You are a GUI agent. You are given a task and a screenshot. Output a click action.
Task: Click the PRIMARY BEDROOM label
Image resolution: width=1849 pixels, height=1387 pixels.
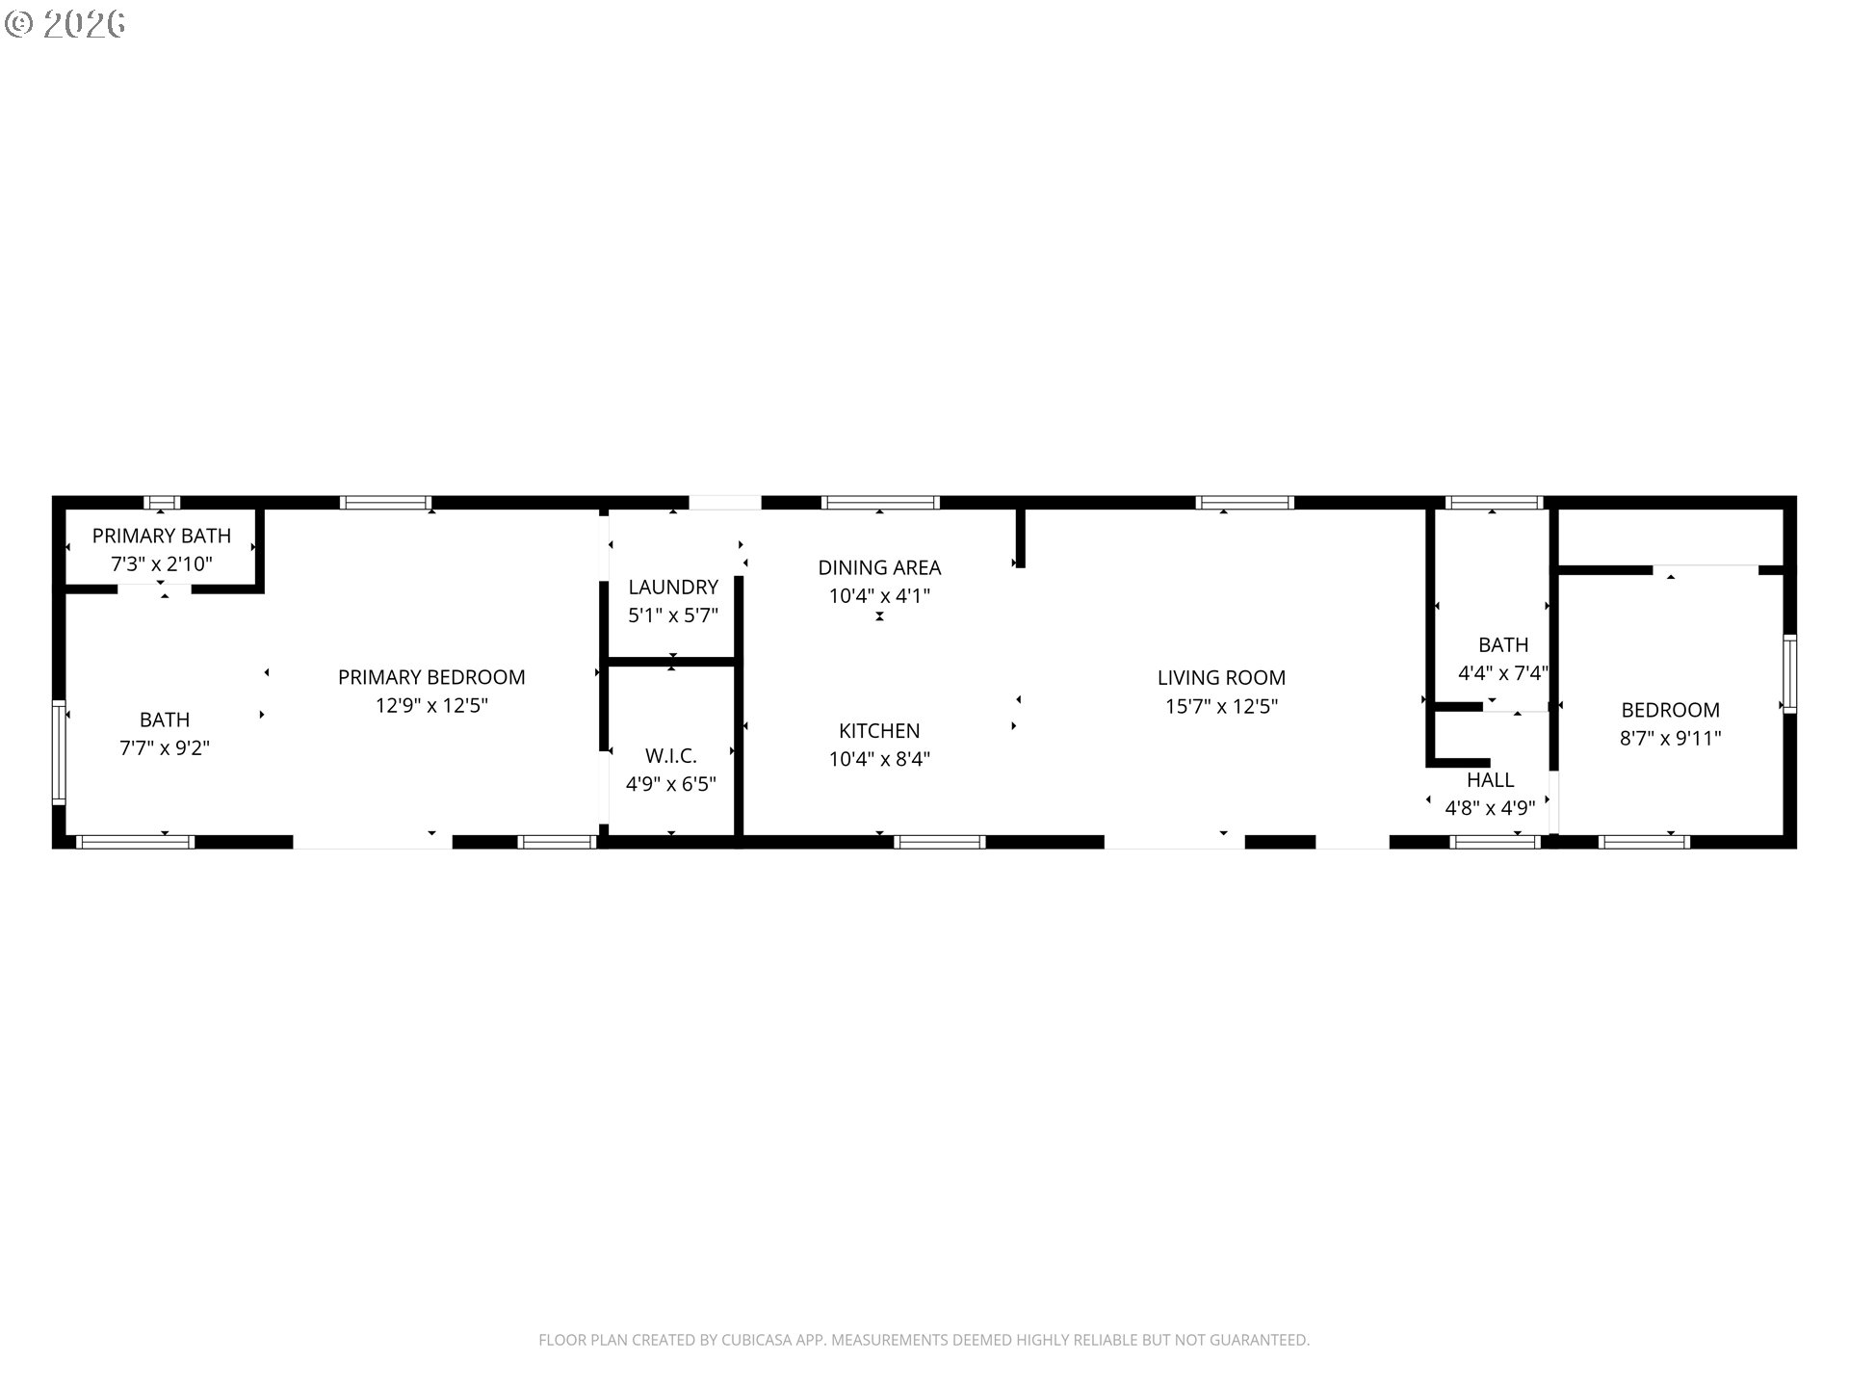click(431, 677)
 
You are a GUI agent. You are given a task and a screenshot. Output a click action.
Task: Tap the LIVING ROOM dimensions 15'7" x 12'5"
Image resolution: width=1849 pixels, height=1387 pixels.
click(1221, 706)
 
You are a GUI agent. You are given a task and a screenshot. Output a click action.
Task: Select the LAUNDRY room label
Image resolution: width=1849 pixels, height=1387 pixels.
click(673, 587)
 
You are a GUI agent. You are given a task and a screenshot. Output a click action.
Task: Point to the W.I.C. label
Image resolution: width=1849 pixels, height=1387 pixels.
click(670, 755)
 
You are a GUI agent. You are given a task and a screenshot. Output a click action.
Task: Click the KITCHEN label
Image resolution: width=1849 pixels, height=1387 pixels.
click(879, 730)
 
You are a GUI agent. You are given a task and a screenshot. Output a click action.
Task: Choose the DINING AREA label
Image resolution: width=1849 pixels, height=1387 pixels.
click(879, 567)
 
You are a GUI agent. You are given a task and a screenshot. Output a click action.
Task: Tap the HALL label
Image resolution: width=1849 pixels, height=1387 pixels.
click(1490, 779)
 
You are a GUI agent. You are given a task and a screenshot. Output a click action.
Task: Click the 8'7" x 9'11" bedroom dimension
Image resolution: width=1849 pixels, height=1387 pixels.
click(1670, 738)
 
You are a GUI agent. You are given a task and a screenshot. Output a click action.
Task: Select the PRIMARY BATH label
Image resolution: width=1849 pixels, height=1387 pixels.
click(162, 536)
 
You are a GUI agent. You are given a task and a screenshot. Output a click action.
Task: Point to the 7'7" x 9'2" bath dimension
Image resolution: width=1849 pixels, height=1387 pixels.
click(165, 747)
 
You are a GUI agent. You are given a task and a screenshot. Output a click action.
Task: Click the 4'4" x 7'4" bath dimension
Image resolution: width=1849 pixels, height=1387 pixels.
click(1502, 672)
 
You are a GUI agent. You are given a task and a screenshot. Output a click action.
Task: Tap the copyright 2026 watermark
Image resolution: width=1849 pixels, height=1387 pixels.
click(65, 23)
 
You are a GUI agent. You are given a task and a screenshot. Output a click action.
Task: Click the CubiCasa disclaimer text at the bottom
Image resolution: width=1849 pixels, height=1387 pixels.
click(924, 1340)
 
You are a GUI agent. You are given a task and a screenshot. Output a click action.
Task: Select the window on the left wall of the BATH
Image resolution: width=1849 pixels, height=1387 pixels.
click(59, 752)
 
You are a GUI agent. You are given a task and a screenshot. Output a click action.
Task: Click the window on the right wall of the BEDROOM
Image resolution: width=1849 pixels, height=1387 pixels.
click(1789, 673)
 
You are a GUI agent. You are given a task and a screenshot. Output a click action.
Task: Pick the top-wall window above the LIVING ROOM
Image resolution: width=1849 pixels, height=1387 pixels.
click(1243, 502)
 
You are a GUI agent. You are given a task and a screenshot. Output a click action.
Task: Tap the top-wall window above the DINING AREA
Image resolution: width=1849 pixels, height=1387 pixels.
click(879, 502)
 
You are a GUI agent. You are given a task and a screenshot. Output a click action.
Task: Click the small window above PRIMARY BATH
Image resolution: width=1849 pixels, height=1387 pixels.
click(162, 502)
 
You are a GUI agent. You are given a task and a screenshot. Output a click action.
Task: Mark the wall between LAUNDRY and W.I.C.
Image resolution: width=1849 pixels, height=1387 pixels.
click(671, 661)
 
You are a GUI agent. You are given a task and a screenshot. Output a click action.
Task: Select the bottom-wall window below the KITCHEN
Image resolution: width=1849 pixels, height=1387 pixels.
click(939, 842)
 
